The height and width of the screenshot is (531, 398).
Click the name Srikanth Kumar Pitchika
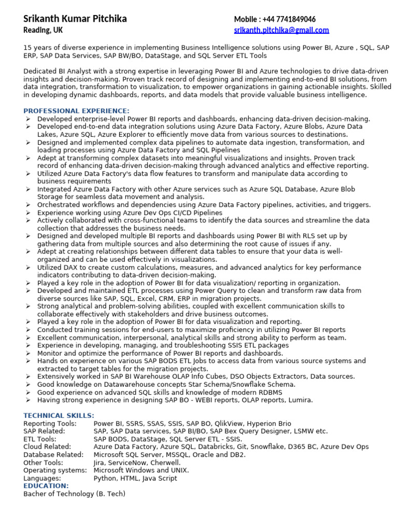click(75, 19)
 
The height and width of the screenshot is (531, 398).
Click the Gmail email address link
click(281, 31)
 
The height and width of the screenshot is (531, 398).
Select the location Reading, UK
click(43, 31)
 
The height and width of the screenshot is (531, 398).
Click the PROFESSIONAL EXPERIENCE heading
click(76, 111)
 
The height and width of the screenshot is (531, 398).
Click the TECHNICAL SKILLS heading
click(59, 415)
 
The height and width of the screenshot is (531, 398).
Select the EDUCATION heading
click(46, 486)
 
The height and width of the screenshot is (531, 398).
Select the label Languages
click(42, 478)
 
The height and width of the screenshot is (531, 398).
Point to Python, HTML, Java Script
click(135, 478)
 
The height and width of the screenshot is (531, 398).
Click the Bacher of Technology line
click(74, 494)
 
